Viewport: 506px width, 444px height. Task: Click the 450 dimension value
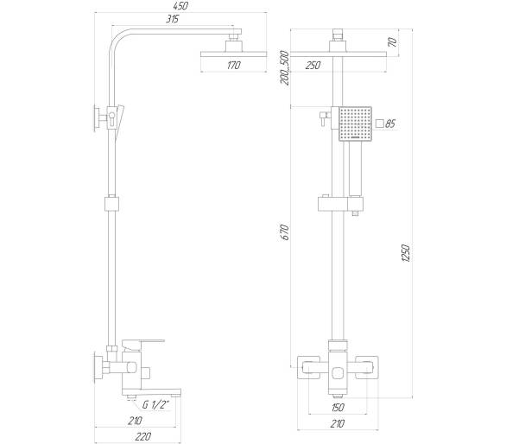point(180,6)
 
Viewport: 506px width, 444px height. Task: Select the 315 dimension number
point(173,19)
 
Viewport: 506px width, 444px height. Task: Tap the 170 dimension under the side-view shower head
point(234,66)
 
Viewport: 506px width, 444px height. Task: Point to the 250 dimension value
point(313,66)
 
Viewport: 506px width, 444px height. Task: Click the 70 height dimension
point(393,42)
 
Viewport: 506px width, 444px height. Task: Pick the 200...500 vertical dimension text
point(285,68)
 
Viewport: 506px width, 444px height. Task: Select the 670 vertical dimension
point(285,232)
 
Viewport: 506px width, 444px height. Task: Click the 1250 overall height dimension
point(406,253)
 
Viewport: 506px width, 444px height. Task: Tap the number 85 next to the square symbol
point(390,124)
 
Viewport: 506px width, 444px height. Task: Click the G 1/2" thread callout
point(156,405)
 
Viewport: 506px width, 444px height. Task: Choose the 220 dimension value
point(142,436)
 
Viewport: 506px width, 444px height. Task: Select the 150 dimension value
point(338,408)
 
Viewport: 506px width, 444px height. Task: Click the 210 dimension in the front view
point(338,423)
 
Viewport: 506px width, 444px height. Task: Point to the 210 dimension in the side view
point(135,421)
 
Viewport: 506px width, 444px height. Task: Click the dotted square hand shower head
point(355,124)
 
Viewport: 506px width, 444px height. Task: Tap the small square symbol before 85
point(380,124)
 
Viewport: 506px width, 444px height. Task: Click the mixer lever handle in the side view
point(143,345)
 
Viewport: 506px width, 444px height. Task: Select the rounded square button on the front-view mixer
point(338,374)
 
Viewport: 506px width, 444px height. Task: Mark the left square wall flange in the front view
point(308,367)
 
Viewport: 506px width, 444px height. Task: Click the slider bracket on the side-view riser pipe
point(111,204)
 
